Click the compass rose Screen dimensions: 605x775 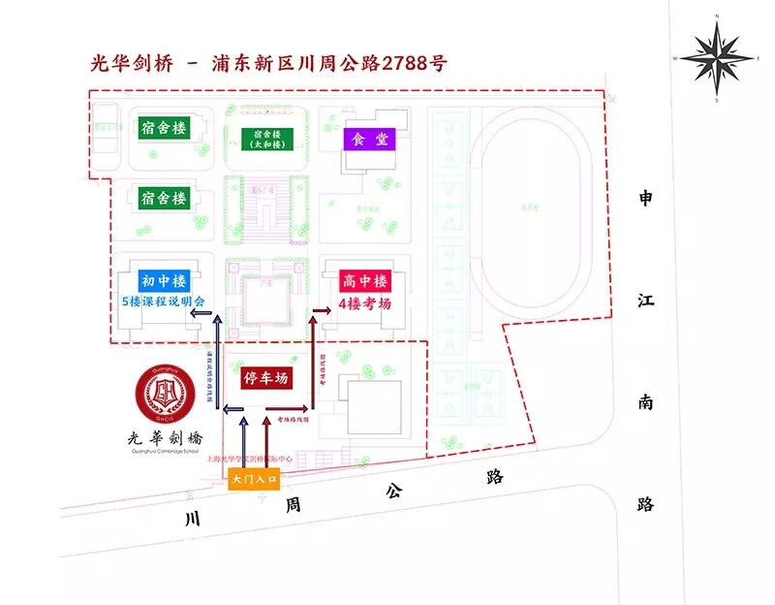pos(716,57)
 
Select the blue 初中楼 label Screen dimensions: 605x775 pos(163,281)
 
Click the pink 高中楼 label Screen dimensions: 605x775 pos(365,281)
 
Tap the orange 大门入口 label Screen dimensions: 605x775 pos(254,479)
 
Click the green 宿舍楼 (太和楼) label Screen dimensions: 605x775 pos(265,139)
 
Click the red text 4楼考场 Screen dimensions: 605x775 pos(365,303)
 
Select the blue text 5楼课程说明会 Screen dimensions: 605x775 pos(164,302)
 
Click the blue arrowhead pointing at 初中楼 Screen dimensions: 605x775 pos(216,318)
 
